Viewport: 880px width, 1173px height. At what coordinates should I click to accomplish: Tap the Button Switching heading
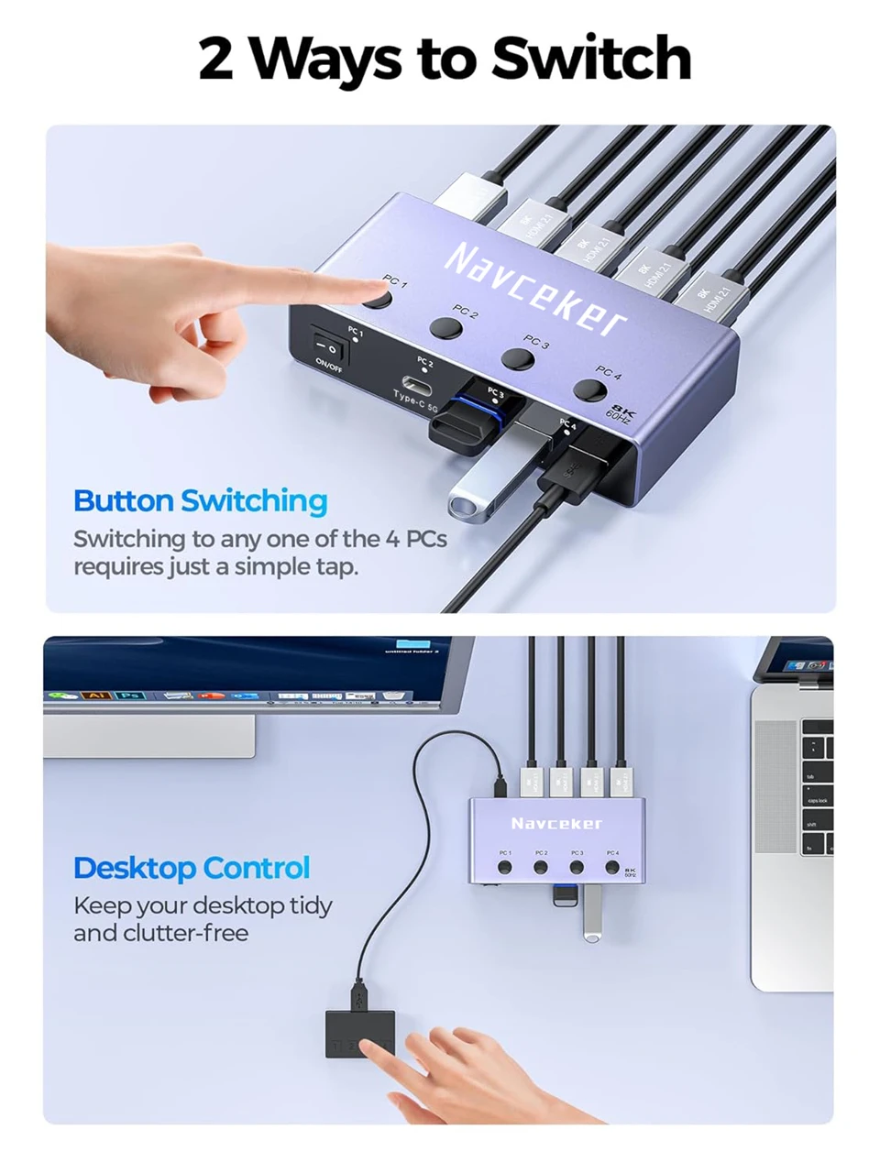click(200, 501)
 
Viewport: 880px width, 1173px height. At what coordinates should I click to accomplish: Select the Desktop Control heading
click(192, 868)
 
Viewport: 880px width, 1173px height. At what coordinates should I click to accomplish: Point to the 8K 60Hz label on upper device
click(621, 412)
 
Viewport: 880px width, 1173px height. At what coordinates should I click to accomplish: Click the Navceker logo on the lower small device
click(556, 823)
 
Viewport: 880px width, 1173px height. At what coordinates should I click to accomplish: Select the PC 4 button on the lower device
click(612, 866)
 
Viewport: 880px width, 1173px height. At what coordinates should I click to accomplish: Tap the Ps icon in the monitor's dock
click(130, 696)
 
